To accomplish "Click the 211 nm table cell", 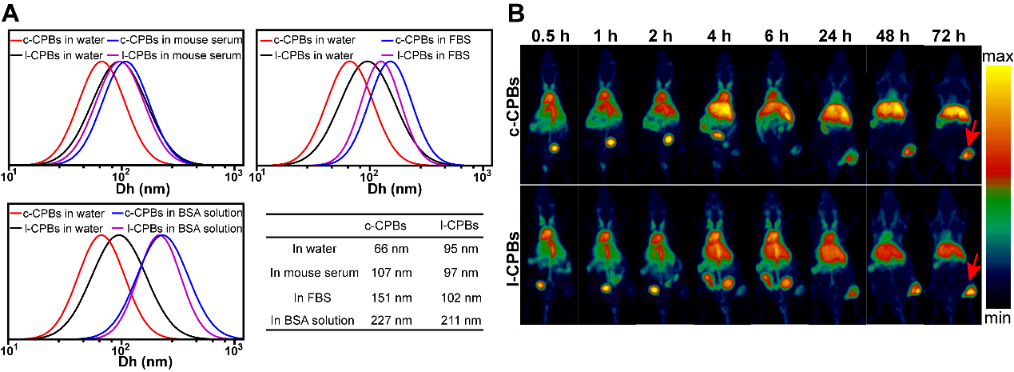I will pos(461,321).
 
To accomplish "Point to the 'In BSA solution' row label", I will pos(312,321).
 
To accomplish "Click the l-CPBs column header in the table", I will pos(461,226).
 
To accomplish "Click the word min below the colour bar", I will pos(999,319).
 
